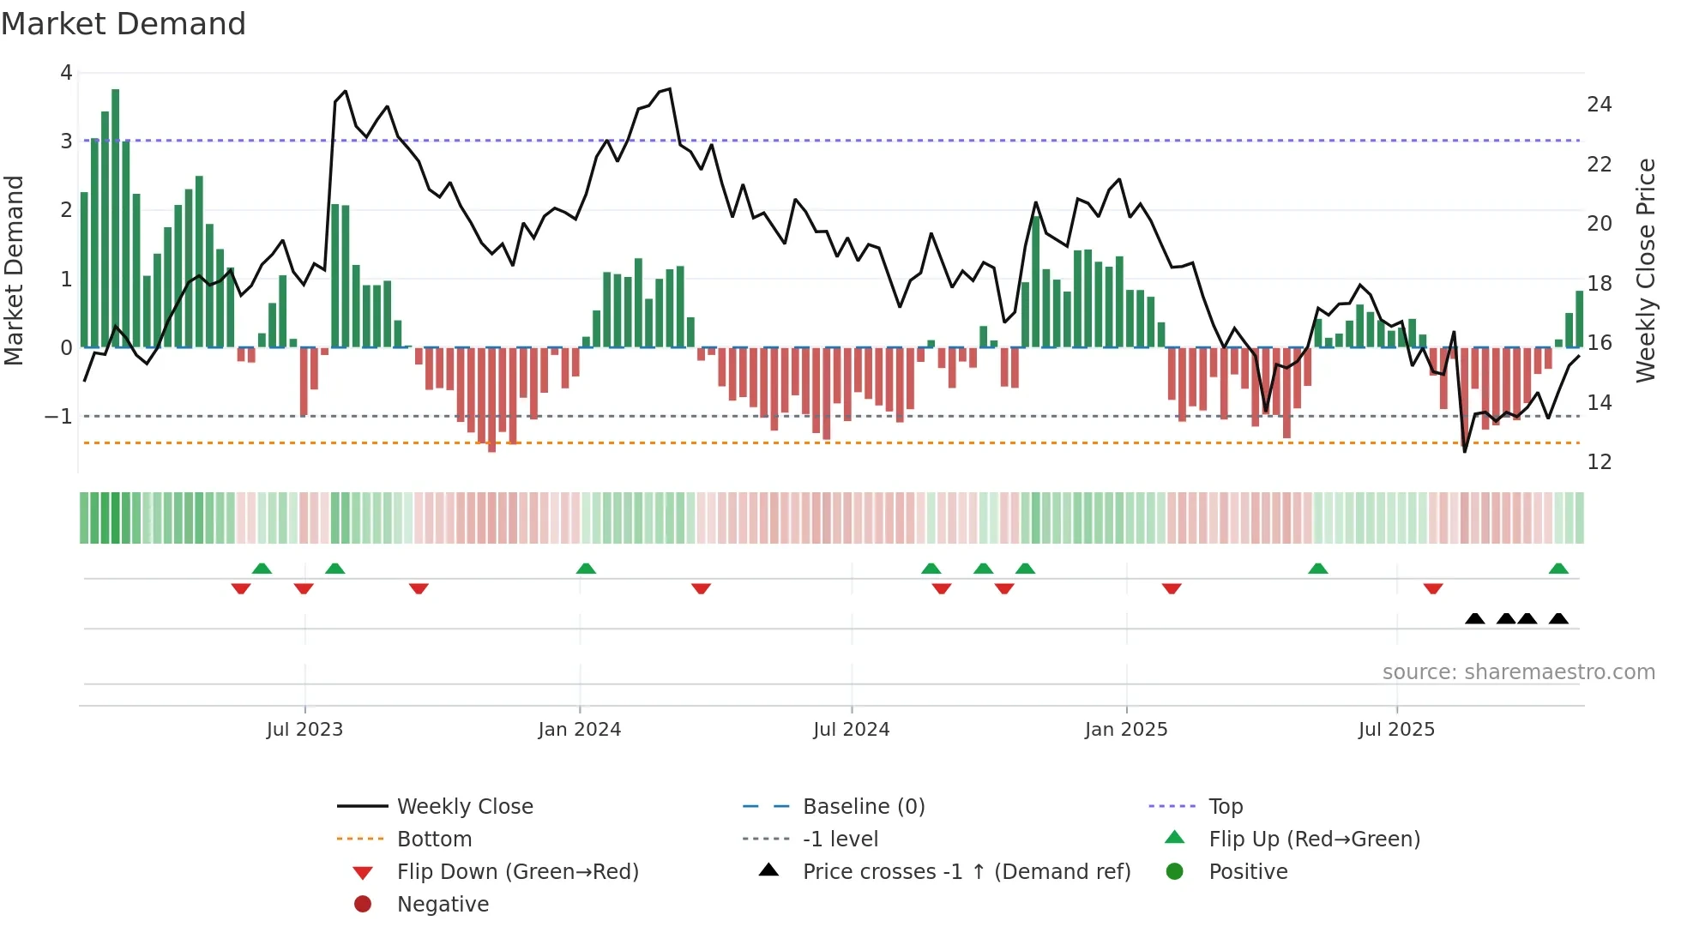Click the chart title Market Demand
pyautogui.click(x=124, y=24)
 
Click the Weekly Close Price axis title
pyautogui.click(x=1645, y=270)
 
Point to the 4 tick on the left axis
pyautogui.click(x=66, y=73)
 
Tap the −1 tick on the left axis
pyautogui.click(x=59, y=417)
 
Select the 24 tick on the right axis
pyautogui.click(x=1599, y=105)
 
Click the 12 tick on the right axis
pyautogui.click(x=1599, y=462)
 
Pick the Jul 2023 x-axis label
pyautogui.click(x=304, y=730)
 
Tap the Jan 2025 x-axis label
pyautogui.click(x=1125, y=730)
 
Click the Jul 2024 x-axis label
pyautogui.click(x=851, y=730)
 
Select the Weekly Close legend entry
pyautogui.click(x=464, y=807)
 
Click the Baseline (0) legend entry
pyautogui.click(x=863, y=807)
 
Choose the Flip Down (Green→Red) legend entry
pyautogui.click(x=517, y=872)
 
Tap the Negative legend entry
pyautogui.click(x=443, y=905)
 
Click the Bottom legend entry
pyautogui.click(x=434, y=840)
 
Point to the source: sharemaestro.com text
pyautogui.click(x=1518, y=672)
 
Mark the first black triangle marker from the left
pyautogui.click(x=1475, y=618)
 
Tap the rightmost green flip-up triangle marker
pyautogui.click(x=1558, y=569)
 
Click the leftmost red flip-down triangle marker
pyautogui.click(x=241, y=588)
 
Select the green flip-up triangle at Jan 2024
pyautogui.click(x=586, y=569)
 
